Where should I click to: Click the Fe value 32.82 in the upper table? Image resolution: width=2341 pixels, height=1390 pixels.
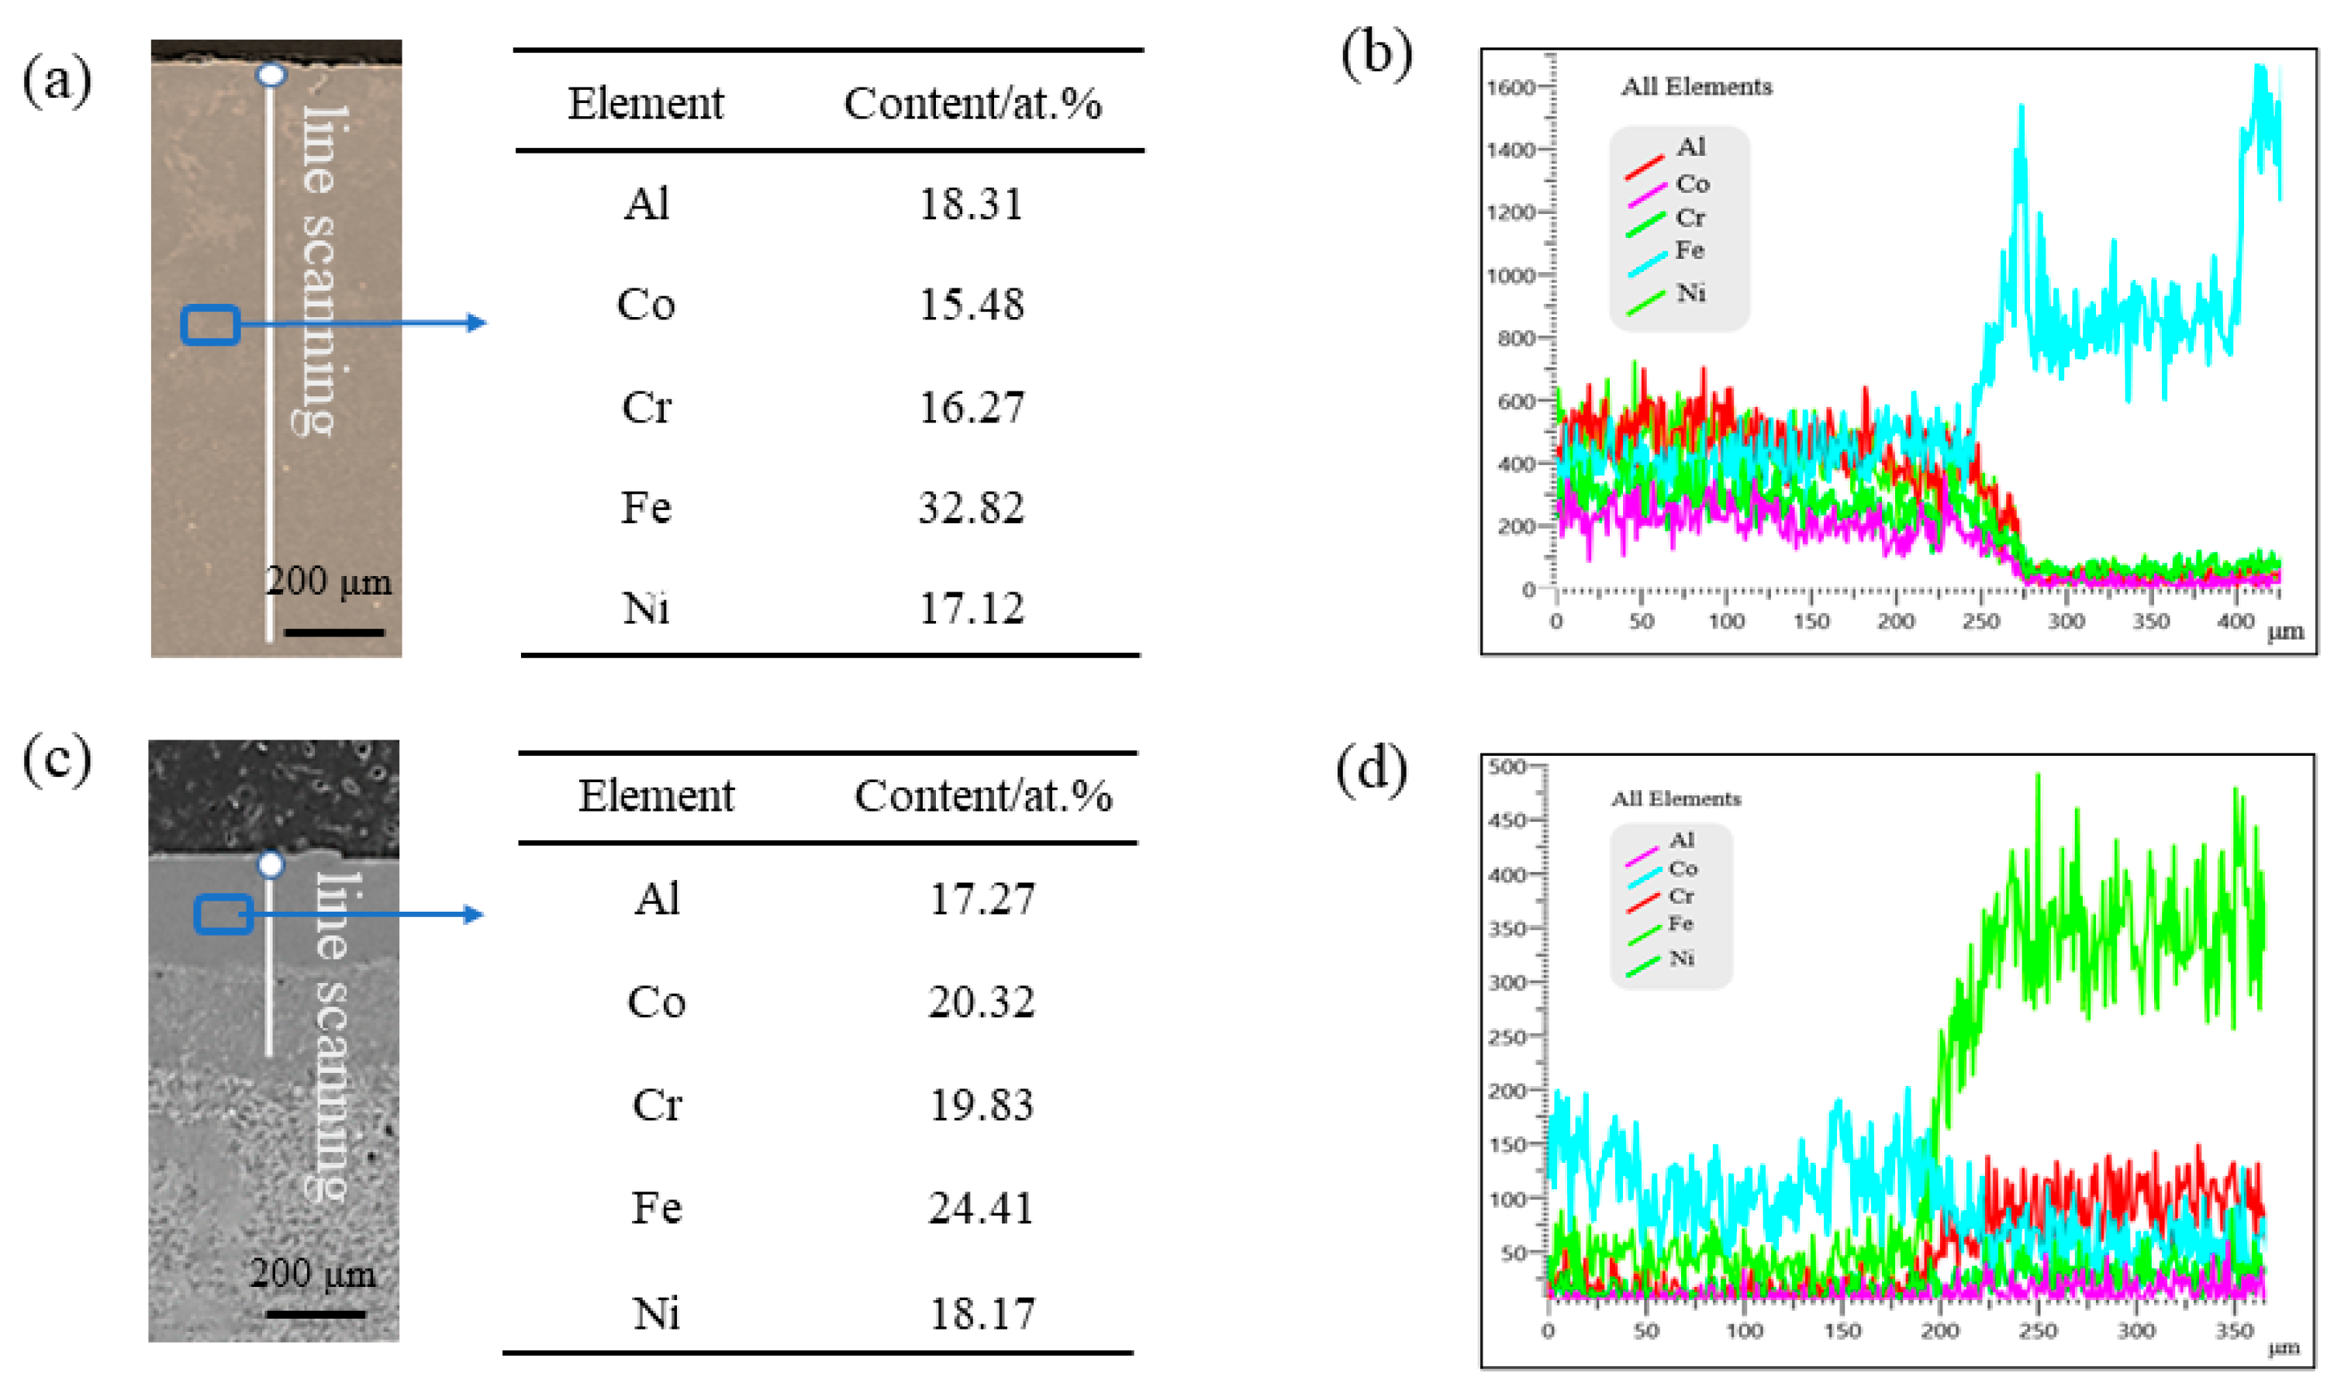[x=971, y=508]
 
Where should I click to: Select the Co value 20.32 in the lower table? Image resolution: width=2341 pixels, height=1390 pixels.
[x=981, y=1002]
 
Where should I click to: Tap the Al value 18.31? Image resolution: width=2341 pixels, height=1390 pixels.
[x=971, y=204]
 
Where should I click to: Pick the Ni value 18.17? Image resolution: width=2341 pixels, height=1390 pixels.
[x=981, y=1313]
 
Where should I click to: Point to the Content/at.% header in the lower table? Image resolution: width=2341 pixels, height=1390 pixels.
[x=982, y=796]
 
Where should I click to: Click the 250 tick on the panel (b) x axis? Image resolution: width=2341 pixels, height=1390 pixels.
[x=1980, y=621]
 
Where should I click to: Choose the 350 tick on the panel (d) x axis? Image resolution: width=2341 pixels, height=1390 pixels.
[x=2233, y=1331]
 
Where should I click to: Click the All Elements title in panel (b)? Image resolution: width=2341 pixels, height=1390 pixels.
[x=1696, y=87]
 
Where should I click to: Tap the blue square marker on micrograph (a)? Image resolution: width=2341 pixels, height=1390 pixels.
[x=210, y=325]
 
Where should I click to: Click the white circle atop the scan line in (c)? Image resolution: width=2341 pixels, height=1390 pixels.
[x=271, y=864]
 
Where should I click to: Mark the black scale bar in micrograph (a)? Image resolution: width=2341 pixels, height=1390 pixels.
[x=333, y=633]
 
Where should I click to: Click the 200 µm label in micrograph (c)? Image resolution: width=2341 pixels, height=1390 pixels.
[x=312, y=1274]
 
